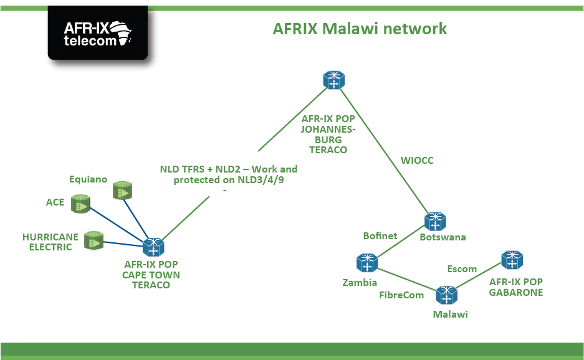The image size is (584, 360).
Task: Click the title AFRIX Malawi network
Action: point(360,29)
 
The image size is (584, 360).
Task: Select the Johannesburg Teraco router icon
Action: point(334,80)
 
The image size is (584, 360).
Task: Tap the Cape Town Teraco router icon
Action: point(153,247)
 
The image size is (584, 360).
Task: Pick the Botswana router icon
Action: point(435,222)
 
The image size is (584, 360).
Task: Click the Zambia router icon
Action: point(366,263)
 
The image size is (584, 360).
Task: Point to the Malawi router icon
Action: point(446,295)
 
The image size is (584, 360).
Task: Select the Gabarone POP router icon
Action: point(512,260)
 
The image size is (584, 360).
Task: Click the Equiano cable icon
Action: point(123,191)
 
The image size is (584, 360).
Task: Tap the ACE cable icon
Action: point(80,204)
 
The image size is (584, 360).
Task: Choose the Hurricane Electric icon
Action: point(93,240)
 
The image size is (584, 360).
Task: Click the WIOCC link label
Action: point(416,161)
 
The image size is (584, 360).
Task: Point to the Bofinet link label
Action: point(380,235)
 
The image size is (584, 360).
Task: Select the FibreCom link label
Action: point(401,295)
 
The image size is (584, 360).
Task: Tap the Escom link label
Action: point(462,269)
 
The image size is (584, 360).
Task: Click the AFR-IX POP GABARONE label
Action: point(515,287)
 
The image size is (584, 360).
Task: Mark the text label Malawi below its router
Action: point(450,315)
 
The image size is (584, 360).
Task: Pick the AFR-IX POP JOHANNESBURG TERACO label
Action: point(328,134)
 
